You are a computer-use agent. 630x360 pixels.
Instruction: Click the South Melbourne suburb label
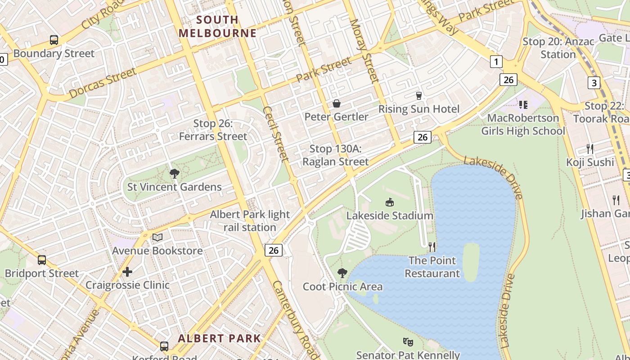click(218, 27)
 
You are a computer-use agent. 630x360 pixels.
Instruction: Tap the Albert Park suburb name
click(219, 338)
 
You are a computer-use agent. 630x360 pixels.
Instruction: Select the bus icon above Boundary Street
click(54, 40)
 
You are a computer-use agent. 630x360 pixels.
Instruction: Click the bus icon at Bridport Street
click(42, 260)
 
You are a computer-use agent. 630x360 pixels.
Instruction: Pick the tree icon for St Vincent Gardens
click(174, 174)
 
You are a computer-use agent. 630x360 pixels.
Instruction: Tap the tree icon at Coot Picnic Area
click(342, 273)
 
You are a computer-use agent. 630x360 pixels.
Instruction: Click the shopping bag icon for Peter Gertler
click(336, 104)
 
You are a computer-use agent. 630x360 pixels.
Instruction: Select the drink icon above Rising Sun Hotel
click(419, 96)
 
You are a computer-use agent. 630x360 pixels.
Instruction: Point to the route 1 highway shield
click(496, 62)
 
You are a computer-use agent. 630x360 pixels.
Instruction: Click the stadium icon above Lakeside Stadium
click(390, 202)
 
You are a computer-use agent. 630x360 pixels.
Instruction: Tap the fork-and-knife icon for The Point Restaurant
click(432, 247)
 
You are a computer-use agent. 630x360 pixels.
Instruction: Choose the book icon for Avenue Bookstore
click(157, 237)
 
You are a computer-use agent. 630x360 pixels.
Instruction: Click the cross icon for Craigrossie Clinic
click(127, 272)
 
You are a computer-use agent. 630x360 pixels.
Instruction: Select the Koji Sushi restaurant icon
click(590, 149)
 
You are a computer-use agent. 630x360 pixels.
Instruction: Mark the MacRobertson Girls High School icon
click(523, 105)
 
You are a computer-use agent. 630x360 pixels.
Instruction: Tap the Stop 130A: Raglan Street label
click(335, 155)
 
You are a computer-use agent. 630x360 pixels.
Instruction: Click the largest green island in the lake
click(471, 262)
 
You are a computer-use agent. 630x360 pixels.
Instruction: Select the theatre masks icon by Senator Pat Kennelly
click(408, 342)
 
